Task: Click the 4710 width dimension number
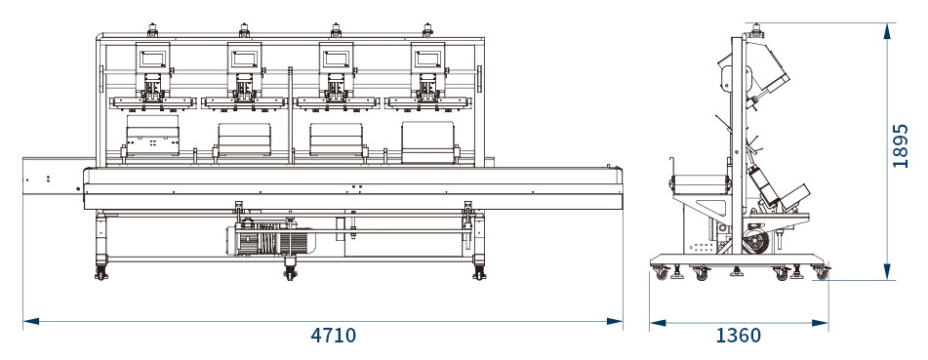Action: pyautogui.click(x=333, y=336)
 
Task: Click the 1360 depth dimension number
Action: pyautogui.click(x=738, y=336)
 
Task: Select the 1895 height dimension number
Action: pyautogui.click(x=900, y=145)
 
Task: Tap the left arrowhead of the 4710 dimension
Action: pyautogui.click(x=31, y=322)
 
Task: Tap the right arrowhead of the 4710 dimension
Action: pyautogui.click(x=615, y=322)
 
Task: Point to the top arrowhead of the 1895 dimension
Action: pyautogui.click(x=887, y=31)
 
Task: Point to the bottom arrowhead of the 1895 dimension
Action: pyautogui.click(x=887, y=272)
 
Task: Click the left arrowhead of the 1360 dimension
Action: pyautogui.click(x=658, y=323)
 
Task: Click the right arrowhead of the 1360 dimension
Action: pyautogui.click(x=821, y=323)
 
